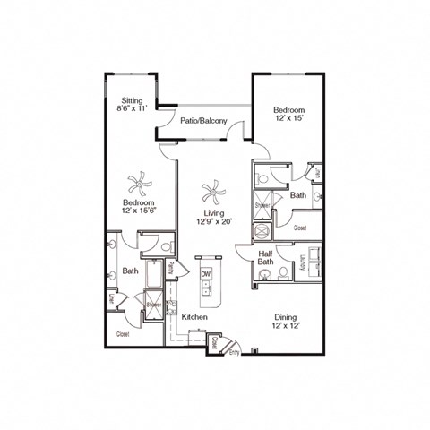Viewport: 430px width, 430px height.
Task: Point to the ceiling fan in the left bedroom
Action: [x=140, y=185]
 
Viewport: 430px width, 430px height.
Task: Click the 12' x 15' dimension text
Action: [x=291, y=117]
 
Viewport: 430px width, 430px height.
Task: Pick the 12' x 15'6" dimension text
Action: [x=140, y=211]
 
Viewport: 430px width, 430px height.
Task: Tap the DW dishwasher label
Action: [x=205, y=273]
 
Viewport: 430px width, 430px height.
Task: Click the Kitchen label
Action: [x=194, y=317]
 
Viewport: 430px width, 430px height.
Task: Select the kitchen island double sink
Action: [x=206, y=288]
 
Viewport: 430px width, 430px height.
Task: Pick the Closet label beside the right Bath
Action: [x=300, y=228]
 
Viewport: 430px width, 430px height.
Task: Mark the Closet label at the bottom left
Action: [x=123, y=333]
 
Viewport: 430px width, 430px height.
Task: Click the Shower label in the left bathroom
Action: [x=153, y=305]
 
